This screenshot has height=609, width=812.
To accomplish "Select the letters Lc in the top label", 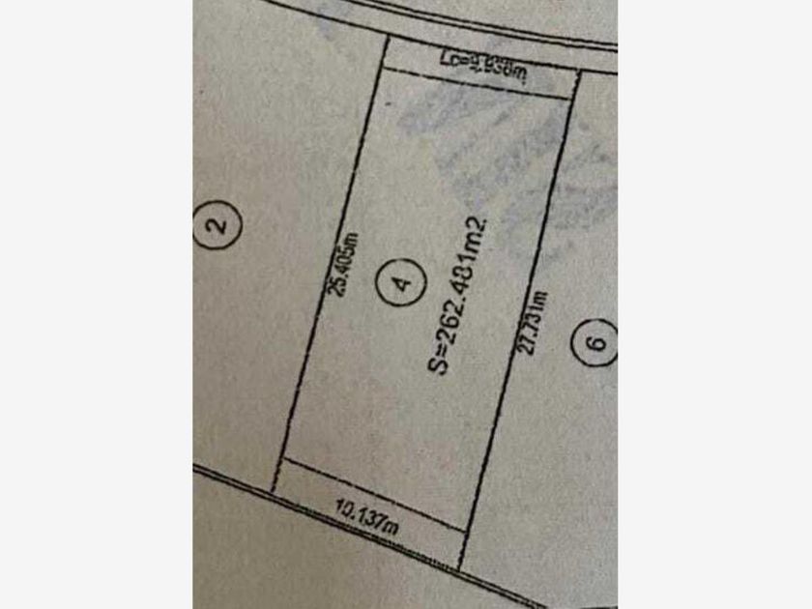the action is click(449, 58).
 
